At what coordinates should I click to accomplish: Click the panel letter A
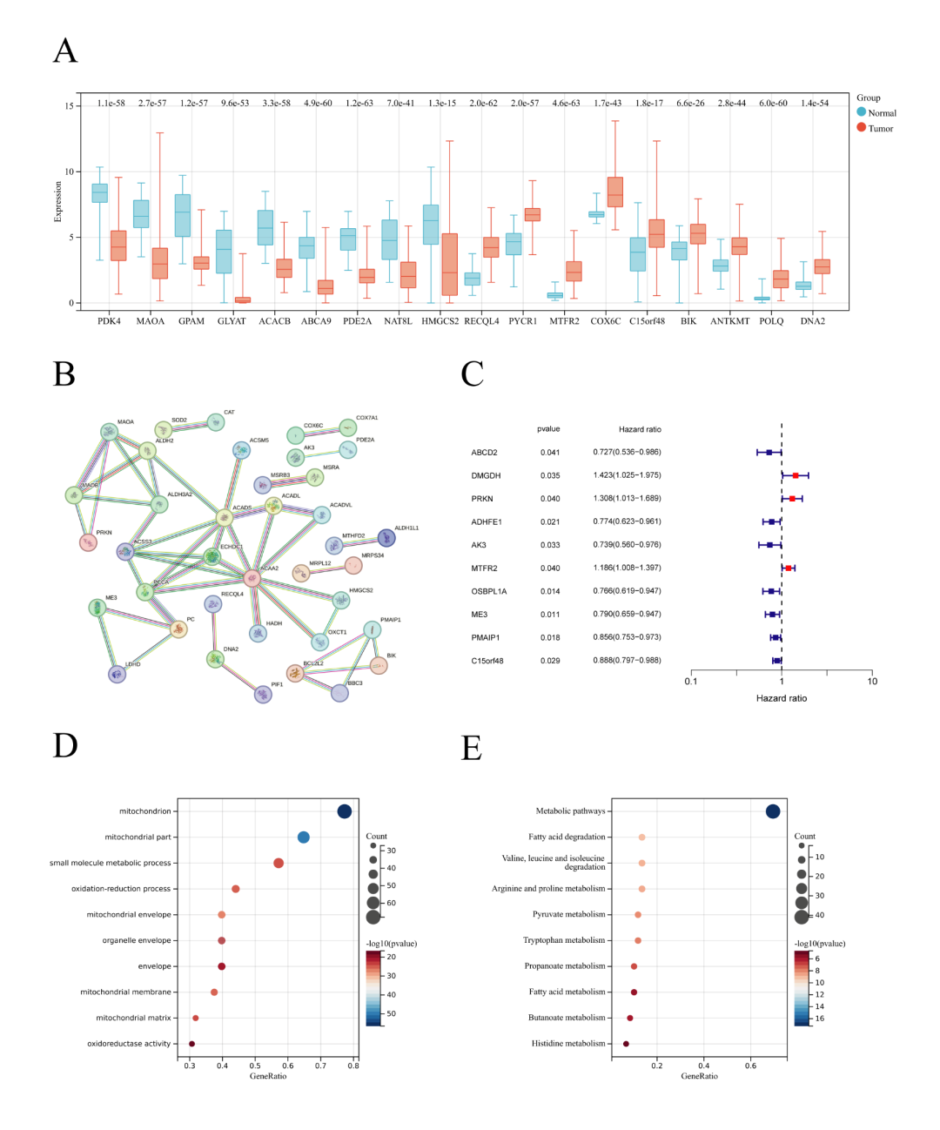65,51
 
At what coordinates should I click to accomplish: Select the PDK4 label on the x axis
109,321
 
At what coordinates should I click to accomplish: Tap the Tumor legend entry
880,128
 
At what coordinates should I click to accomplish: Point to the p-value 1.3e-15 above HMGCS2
442,103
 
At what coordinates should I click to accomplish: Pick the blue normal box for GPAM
182,215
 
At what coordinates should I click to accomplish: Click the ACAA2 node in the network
252,578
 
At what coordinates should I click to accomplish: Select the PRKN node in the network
88,542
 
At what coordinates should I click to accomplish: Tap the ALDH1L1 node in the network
386,538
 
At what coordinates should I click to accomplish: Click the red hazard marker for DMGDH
796,475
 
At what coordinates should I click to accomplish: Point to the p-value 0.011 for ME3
549,615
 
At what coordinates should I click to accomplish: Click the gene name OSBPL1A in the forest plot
489,591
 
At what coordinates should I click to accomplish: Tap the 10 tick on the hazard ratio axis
872,681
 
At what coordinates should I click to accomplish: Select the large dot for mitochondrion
345,811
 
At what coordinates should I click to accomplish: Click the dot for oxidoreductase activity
191,1044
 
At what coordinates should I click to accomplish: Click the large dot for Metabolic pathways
773,811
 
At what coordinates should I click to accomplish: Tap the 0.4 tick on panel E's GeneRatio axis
704,1066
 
